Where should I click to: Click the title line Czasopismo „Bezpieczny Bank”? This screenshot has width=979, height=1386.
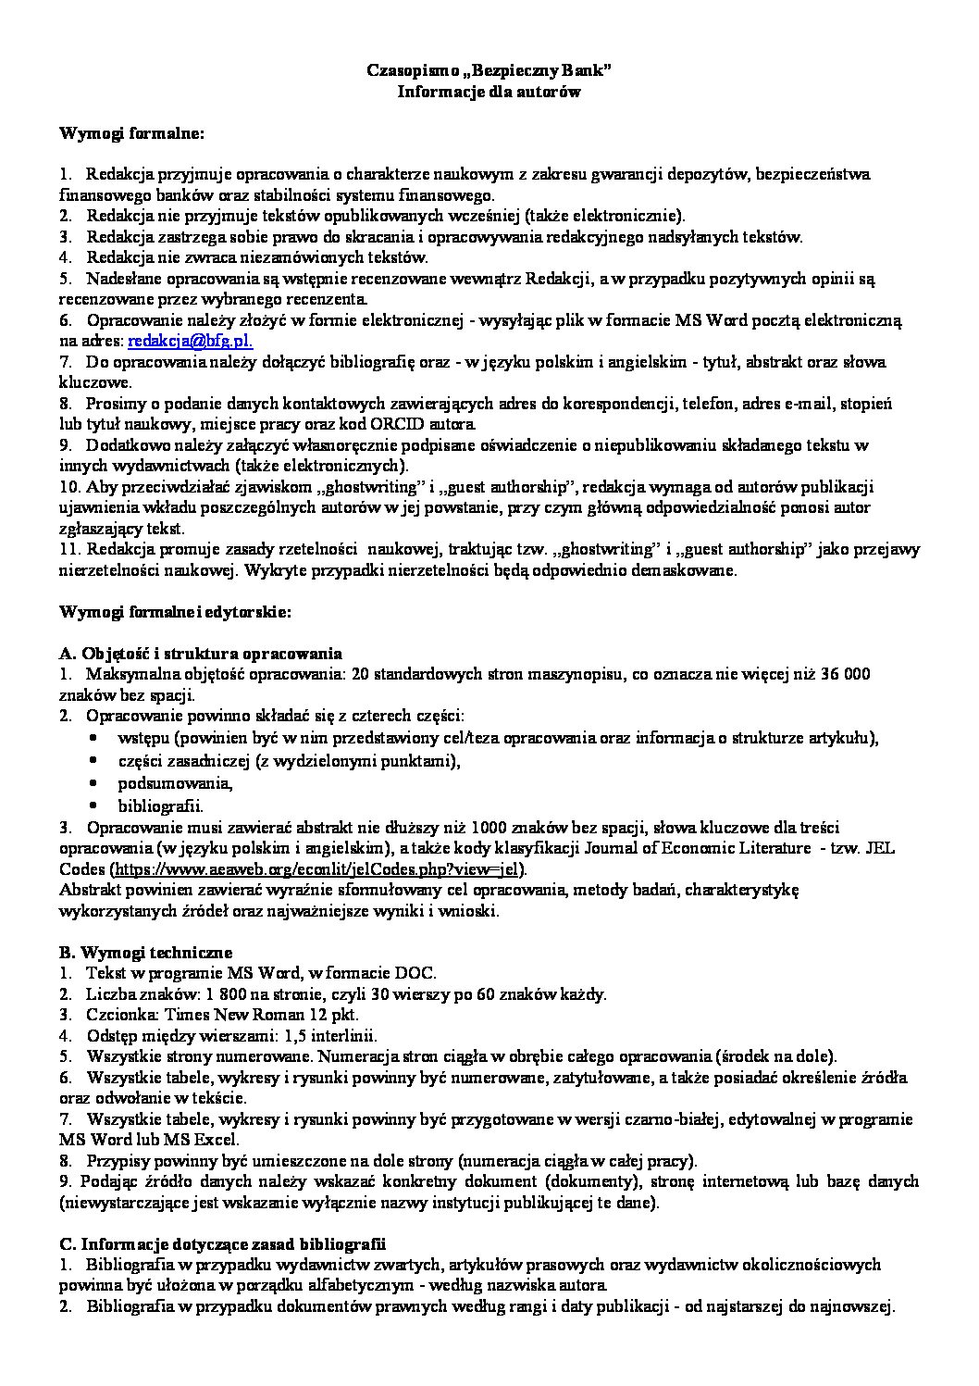489,70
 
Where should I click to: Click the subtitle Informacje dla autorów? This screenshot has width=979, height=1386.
489,91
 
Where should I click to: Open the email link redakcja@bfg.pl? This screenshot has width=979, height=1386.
189,341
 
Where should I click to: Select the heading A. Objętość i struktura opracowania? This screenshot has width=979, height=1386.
201,653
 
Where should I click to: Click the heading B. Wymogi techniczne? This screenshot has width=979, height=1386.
145,952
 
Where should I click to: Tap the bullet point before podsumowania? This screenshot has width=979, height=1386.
95,783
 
